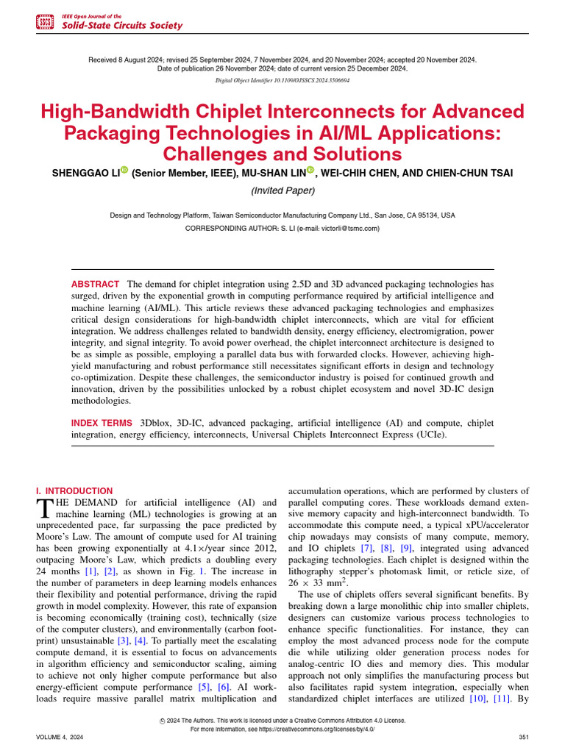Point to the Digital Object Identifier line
tap(282, 80)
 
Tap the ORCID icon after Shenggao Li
tap(124, 171)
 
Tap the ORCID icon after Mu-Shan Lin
tap(310, 171)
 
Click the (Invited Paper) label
tap(282, 190)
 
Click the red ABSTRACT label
tap(95, 284)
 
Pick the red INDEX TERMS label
tap(102, 424)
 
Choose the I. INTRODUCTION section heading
tap(74, 490)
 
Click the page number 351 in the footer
tap(524, 736)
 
